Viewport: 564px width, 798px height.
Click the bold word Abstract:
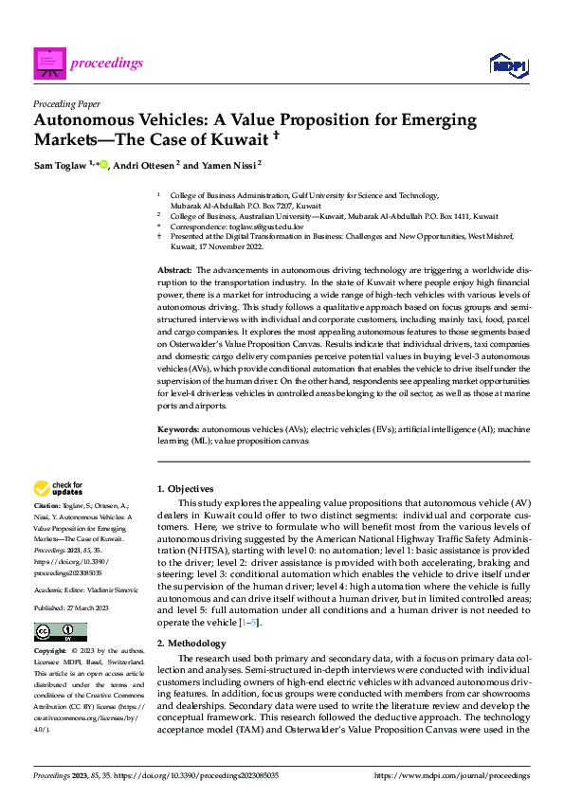[175, 271]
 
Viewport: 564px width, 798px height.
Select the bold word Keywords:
[178, 430]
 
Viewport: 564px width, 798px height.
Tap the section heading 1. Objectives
[185, 488]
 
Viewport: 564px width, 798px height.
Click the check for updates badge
[59, 488]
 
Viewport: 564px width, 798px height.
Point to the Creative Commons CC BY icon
[60, 632]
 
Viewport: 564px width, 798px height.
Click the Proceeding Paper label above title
[66, 104]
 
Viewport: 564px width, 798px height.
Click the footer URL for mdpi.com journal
[451, 776]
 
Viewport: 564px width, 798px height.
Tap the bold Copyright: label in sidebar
[50, 653]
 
